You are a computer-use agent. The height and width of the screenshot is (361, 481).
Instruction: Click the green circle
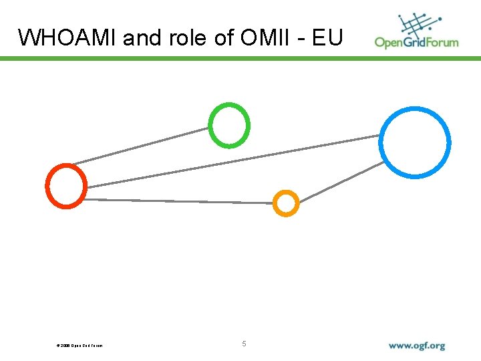(229, 125)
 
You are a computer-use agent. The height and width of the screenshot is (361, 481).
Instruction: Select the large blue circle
(415, 142)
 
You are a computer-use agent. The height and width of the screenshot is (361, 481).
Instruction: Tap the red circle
(66, 185)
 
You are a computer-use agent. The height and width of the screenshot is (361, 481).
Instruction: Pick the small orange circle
(286, 203)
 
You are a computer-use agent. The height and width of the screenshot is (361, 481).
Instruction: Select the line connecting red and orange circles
(180, 201)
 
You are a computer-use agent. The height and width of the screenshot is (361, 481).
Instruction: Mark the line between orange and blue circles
(341, 182)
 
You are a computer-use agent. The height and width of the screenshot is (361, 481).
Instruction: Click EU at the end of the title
(327, 37)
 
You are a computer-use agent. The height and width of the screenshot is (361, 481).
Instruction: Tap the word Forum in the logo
(445, 42)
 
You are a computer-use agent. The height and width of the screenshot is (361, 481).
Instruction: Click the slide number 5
(244, 344)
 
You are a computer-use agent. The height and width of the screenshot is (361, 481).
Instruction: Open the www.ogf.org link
(417, 346)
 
